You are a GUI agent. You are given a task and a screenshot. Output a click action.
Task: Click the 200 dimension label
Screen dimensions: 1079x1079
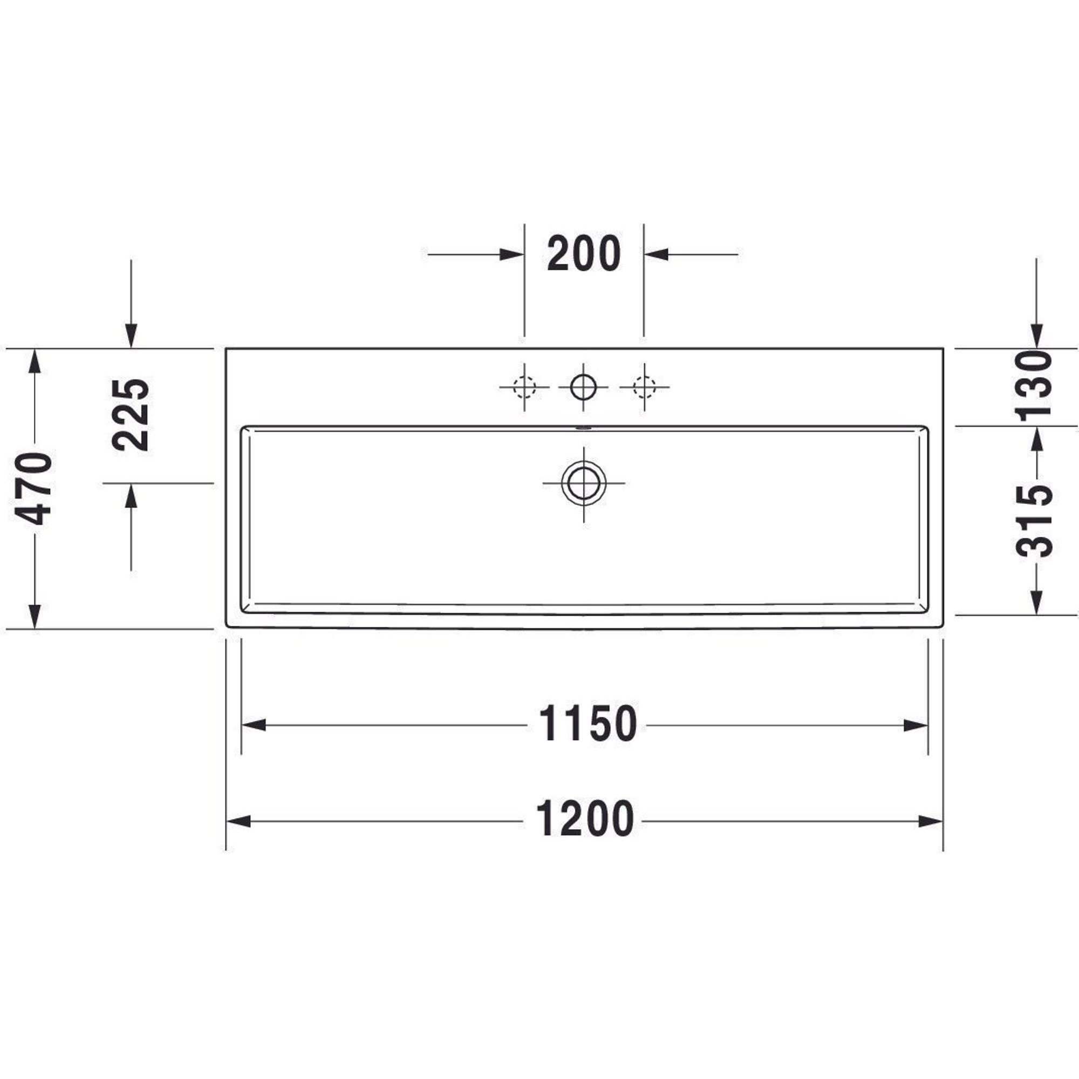point(584,254)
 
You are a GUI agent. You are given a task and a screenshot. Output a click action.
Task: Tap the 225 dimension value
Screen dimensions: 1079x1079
point(131,414)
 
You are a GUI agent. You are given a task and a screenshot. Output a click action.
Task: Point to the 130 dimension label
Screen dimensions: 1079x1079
point(1034,385)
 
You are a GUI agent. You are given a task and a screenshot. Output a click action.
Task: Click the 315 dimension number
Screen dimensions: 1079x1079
point(1034,521)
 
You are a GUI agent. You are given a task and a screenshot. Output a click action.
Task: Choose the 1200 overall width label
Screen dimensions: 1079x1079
point(585,819)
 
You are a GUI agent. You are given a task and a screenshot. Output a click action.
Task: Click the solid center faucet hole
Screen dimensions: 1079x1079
point(584,386)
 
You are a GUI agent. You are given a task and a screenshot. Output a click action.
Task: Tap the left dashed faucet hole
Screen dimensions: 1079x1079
point(524,386)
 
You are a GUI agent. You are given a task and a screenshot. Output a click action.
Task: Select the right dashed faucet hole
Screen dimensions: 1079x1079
point(644,386)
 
